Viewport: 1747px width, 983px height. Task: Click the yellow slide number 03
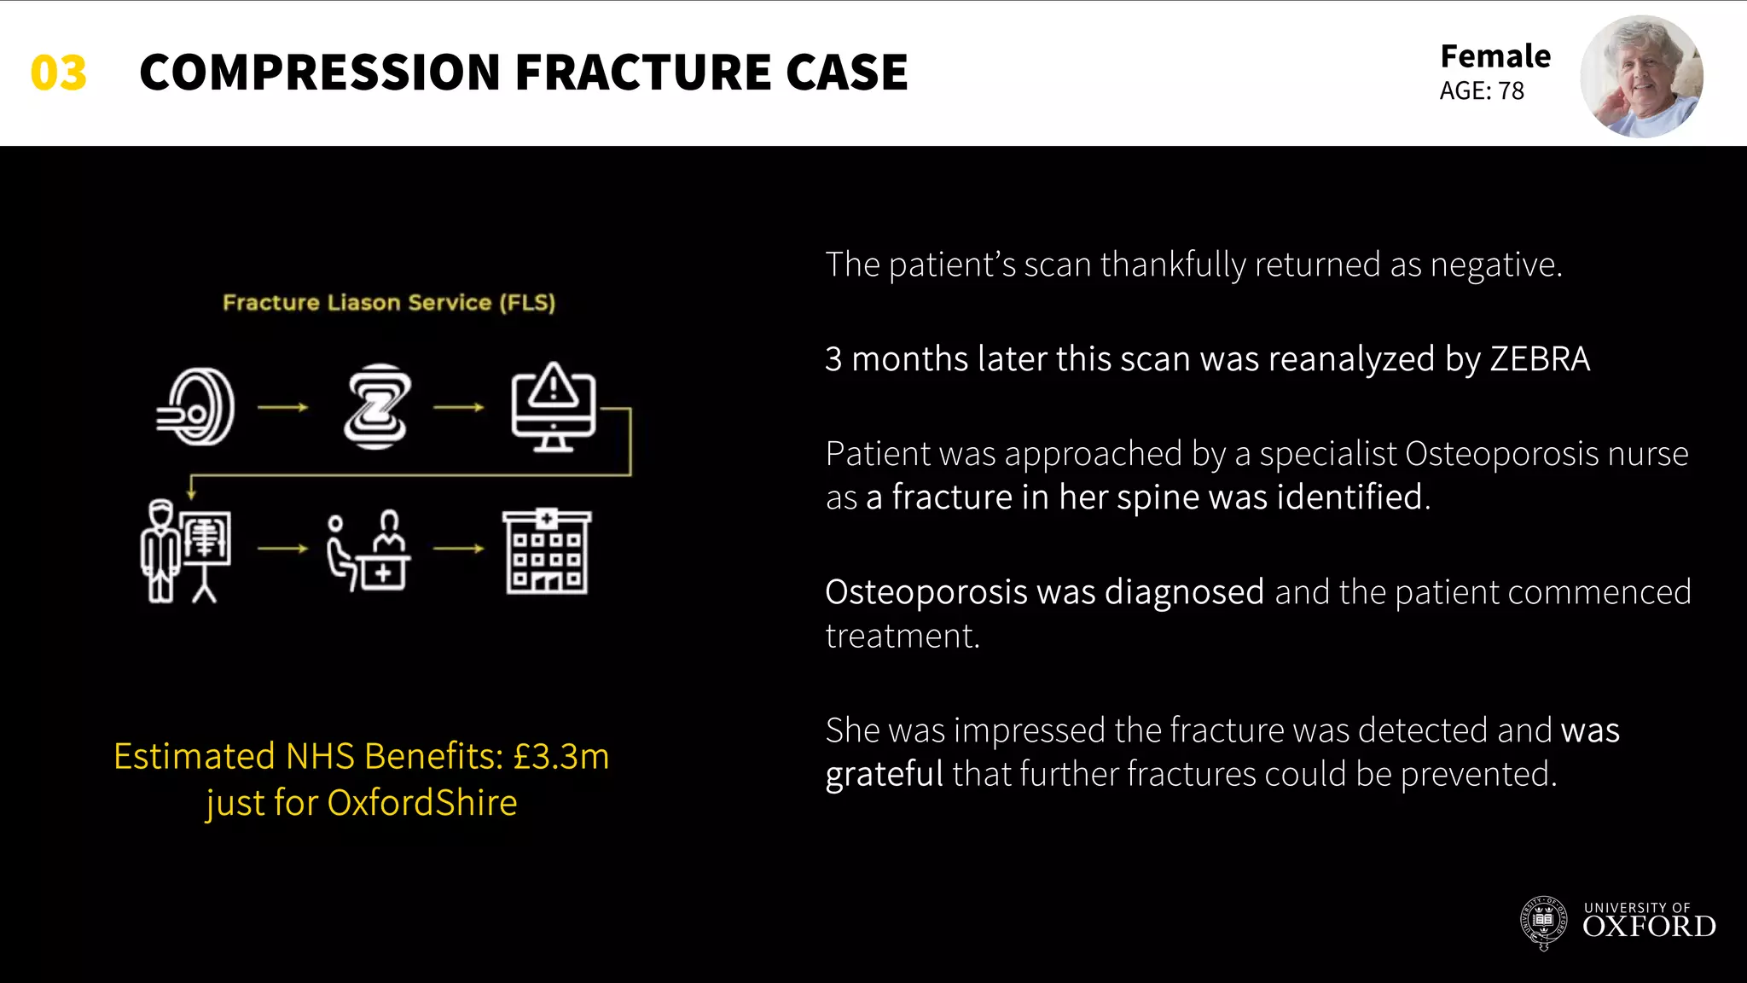pos(58,73)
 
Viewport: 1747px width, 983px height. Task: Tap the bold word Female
pos(1495,56)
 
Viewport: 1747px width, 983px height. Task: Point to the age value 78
pos(1511,91)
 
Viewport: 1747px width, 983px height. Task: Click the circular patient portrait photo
pos(1640,77)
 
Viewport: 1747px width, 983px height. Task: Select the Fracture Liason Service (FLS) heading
pos(389,303)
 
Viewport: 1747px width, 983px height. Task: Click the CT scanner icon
pos(197,407)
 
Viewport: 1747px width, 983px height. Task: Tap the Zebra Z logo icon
pos(376,407)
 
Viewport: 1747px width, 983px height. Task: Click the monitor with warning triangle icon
pos(553,407)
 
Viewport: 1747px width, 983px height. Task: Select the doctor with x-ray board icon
pos(185,552)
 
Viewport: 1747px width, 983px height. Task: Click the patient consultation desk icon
pos(369,552)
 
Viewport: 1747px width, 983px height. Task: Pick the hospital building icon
pos(547,552)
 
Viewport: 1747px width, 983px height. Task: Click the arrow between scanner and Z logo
pos(283,408)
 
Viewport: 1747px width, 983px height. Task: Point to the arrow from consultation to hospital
pos(458,549)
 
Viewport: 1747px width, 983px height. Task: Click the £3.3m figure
pos(560,757)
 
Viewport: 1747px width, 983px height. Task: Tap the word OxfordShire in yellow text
pos(422,803)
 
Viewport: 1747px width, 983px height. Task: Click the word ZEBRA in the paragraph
pos(1540,359)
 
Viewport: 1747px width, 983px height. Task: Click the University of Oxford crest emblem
pos(1543,923)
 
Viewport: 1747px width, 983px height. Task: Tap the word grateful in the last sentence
pos(884,775)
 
